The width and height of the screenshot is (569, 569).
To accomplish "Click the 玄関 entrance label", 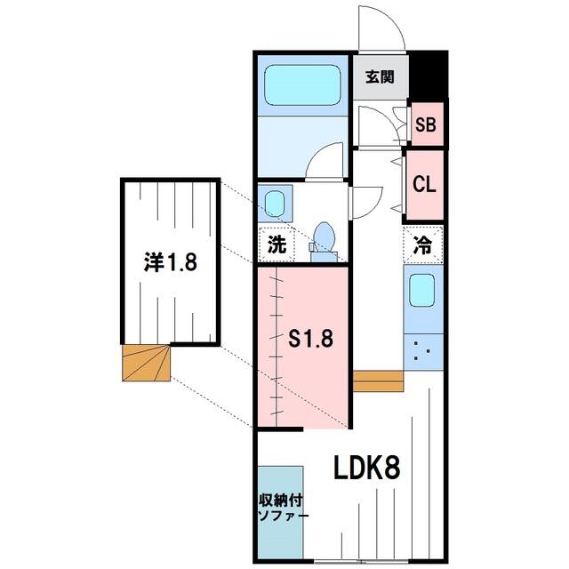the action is pos(380,77).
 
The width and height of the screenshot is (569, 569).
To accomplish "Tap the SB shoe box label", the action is pos(426,124).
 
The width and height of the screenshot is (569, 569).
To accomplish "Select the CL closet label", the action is pos(424,184).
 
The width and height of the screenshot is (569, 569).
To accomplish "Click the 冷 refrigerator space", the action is pos(423,244).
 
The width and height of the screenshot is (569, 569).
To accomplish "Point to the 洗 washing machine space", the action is pos(276,244).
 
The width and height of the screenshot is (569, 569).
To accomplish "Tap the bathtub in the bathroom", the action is pos(302,85).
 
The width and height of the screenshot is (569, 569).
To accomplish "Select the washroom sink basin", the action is pos(275,203).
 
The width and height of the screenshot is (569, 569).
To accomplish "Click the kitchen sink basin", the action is pos(422,290).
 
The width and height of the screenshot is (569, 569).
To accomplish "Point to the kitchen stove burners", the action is pos(423,352).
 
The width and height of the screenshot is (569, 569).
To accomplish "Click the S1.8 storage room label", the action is pos(310,338).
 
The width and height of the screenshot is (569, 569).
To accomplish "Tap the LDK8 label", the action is pos(366,468).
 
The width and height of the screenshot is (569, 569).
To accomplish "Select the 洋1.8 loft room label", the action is pos(170,262).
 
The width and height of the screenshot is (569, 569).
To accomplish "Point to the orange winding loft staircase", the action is pos(146,363).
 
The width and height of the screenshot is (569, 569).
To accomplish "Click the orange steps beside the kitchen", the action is pos(378,381).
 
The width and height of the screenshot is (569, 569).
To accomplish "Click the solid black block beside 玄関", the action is pos(429,76).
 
